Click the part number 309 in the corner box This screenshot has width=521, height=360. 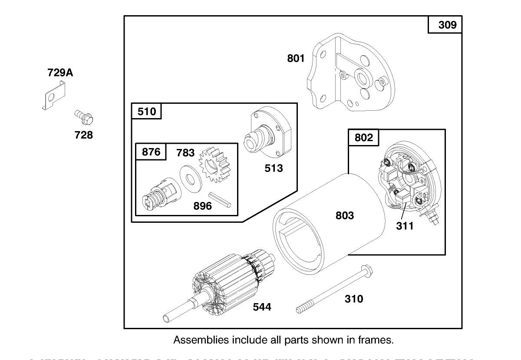coord(447,25)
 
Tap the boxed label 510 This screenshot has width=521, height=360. coord(147,112)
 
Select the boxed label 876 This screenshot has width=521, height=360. coord(151,152)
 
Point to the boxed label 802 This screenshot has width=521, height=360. coord(363,138)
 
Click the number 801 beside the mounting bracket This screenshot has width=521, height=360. coord(296,58)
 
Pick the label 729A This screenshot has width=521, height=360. coord(60,73)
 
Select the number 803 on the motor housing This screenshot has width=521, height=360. coord(344,215)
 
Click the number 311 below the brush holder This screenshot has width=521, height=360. coord(405,226)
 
